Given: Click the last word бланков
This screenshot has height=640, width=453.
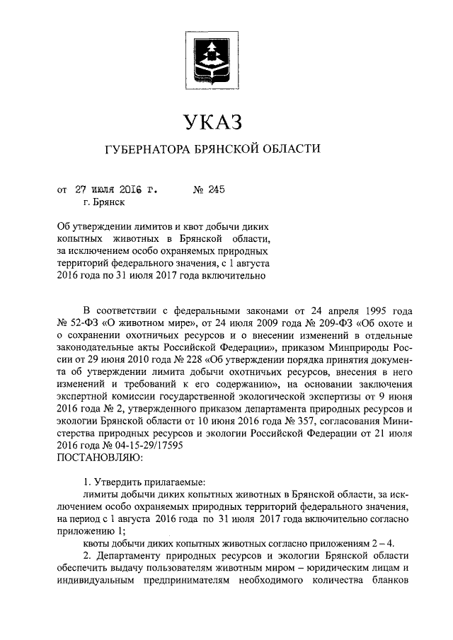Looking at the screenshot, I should point(386,581).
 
